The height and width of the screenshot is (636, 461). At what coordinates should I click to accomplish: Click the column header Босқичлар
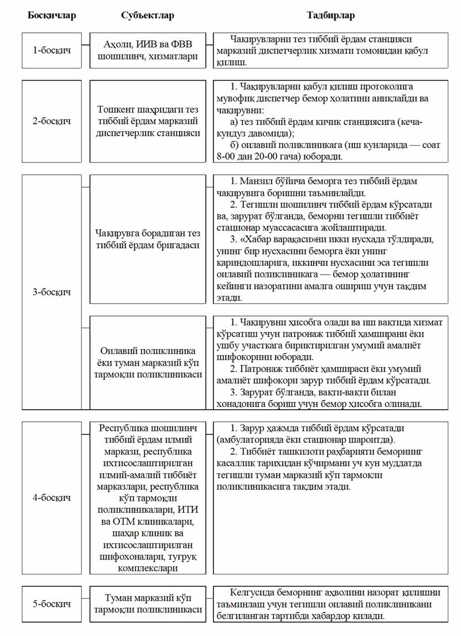pos(52,15)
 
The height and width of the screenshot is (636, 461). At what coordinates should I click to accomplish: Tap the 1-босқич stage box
pos(52,50)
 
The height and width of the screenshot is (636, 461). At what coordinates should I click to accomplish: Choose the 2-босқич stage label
pos(52,121)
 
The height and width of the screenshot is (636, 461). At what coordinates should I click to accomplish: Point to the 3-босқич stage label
pos(52,292)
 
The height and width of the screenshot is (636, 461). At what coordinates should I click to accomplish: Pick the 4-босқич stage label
pos(52,497)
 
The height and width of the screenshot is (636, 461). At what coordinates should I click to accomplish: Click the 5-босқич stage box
pos(52,604)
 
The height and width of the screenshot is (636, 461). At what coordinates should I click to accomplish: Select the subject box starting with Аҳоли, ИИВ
pos(148,50)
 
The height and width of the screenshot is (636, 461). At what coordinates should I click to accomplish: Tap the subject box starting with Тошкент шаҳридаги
pos(148,121)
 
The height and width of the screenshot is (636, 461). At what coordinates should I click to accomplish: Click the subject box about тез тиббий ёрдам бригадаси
pos(148,239)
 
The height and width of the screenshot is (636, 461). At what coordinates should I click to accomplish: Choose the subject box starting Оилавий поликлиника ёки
pos(148,362)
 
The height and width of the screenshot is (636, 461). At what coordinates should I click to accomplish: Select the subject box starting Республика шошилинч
pos(148,497)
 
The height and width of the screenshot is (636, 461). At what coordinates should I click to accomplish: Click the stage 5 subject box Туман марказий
pos(148,604)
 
